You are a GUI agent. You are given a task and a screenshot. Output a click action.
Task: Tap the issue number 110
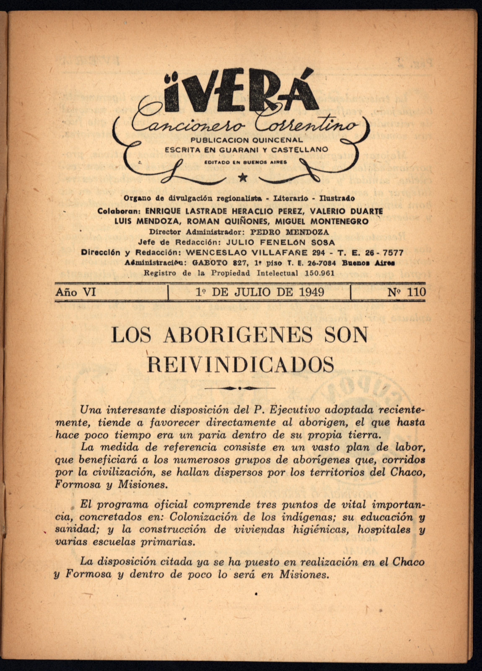pyautogui.click(x=416, y=292)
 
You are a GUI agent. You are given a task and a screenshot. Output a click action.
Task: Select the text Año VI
pyautogui.click(x=75, y=292)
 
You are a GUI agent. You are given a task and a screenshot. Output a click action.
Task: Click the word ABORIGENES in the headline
pyautogui.click(x=237, y=335)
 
